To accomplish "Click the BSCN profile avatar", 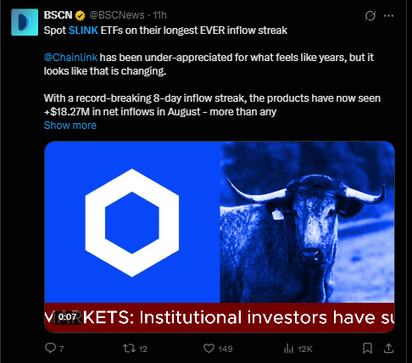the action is click(25, 22).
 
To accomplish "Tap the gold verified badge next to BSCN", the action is click(81, 15).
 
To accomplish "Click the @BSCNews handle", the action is click(117, 15).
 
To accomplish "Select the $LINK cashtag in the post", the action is click(83, 31).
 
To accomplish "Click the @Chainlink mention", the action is click(70, 58).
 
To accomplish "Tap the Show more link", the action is click(70, 126).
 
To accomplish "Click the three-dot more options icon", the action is click(388, 16).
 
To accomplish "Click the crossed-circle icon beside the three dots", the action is click(370, 16).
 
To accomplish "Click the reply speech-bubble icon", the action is click(50, 348).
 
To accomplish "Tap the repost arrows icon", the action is click(129, 349).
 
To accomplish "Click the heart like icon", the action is click(209, 349).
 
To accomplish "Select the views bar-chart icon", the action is click(288, 349).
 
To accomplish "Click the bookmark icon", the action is click(367, 349).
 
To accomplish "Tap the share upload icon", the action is click(388, 348).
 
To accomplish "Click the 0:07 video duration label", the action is click(67, 317).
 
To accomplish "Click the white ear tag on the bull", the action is click(277, 214).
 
